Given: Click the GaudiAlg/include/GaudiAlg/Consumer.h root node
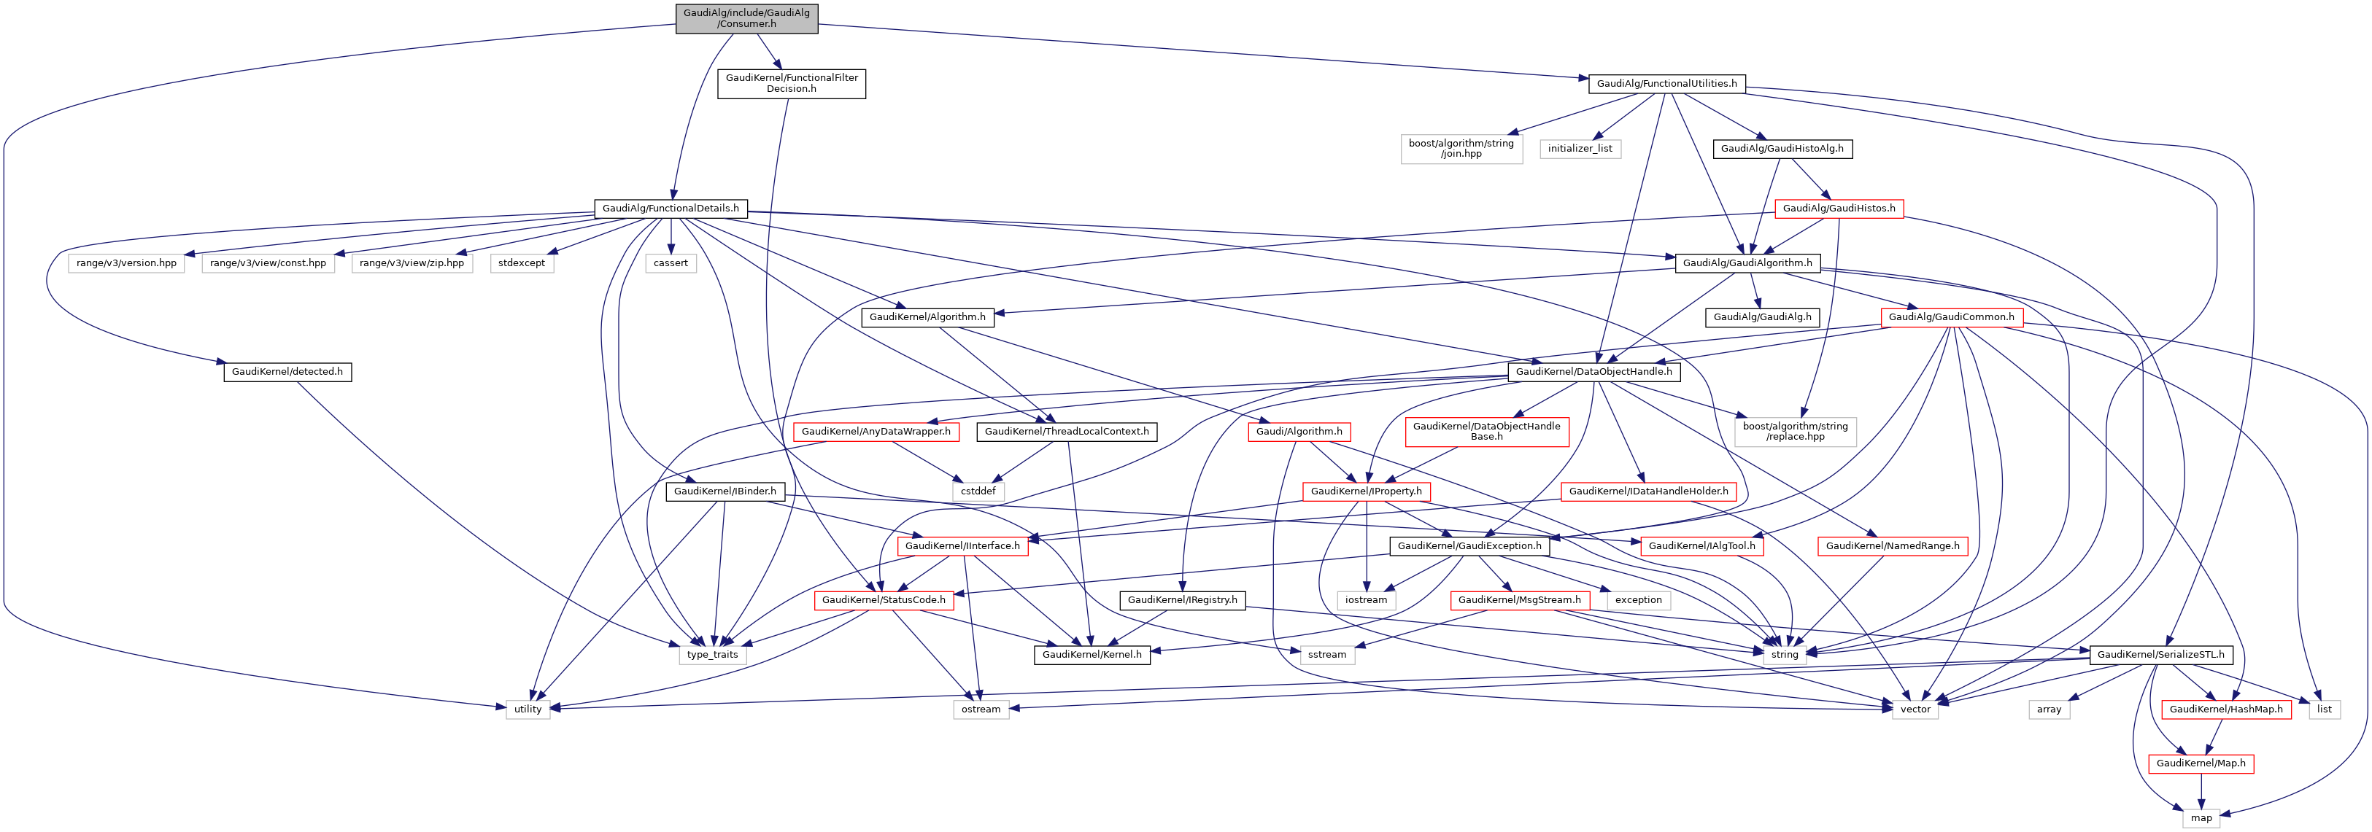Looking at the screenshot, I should point(746,18).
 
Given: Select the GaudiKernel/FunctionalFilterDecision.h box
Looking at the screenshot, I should point(791,84).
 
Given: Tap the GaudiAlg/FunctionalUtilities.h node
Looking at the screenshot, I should point(1666,84).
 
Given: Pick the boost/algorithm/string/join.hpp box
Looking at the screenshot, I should point(1461,149).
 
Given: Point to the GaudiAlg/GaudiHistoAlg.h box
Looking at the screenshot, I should point(1782,149).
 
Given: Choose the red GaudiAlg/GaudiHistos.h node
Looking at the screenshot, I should point(1838,209).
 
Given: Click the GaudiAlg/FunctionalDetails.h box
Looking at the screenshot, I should point(671,209).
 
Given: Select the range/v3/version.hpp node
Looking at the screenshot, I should point(126,263).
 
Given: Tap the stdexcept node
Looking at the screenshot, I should point(521,263).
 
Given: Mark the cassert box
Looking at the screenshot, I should point(671,263).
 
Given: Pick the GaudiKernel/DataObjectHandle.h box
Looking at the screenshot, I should point(1593,372).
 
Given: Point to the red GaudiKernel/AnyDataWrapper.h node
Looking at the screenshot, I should point(876,432).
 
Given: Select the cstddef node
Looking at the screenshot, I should point(978,491).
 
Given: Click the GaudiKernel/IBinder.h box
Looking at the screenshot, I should point(724,491).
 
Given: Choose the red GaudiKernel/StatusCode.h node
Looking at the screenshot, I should point(883,600).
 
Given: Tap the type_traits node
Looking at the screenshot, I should point(712,654).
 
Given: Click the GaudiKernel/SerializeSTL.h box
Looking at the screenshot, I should point(2160,654).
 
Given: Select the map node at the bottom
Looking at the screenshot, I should point(2201,818).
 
